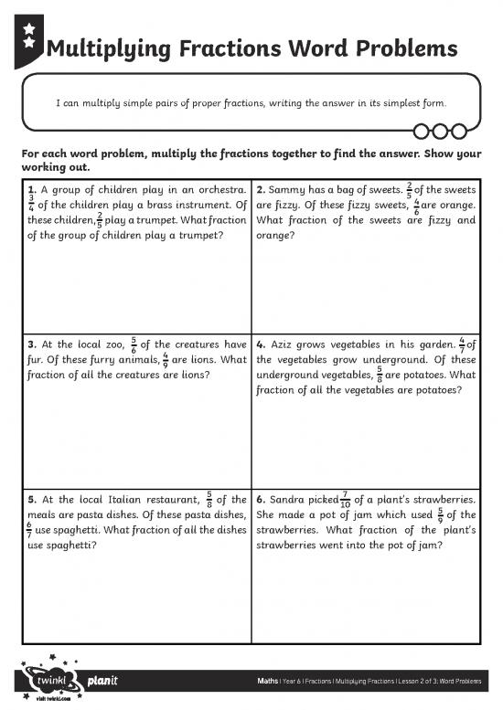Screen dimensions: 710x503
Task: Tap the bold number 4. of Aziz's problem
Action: (x=262, y=344)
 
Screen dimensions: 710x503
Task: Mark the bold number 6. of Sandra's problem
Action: (x=262, y=500)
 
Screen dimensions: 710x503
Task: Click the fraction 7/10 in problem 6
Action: (x=345, y=500)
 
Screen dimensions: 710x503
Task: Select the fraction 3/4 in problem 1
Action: (x=33, y=206)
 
